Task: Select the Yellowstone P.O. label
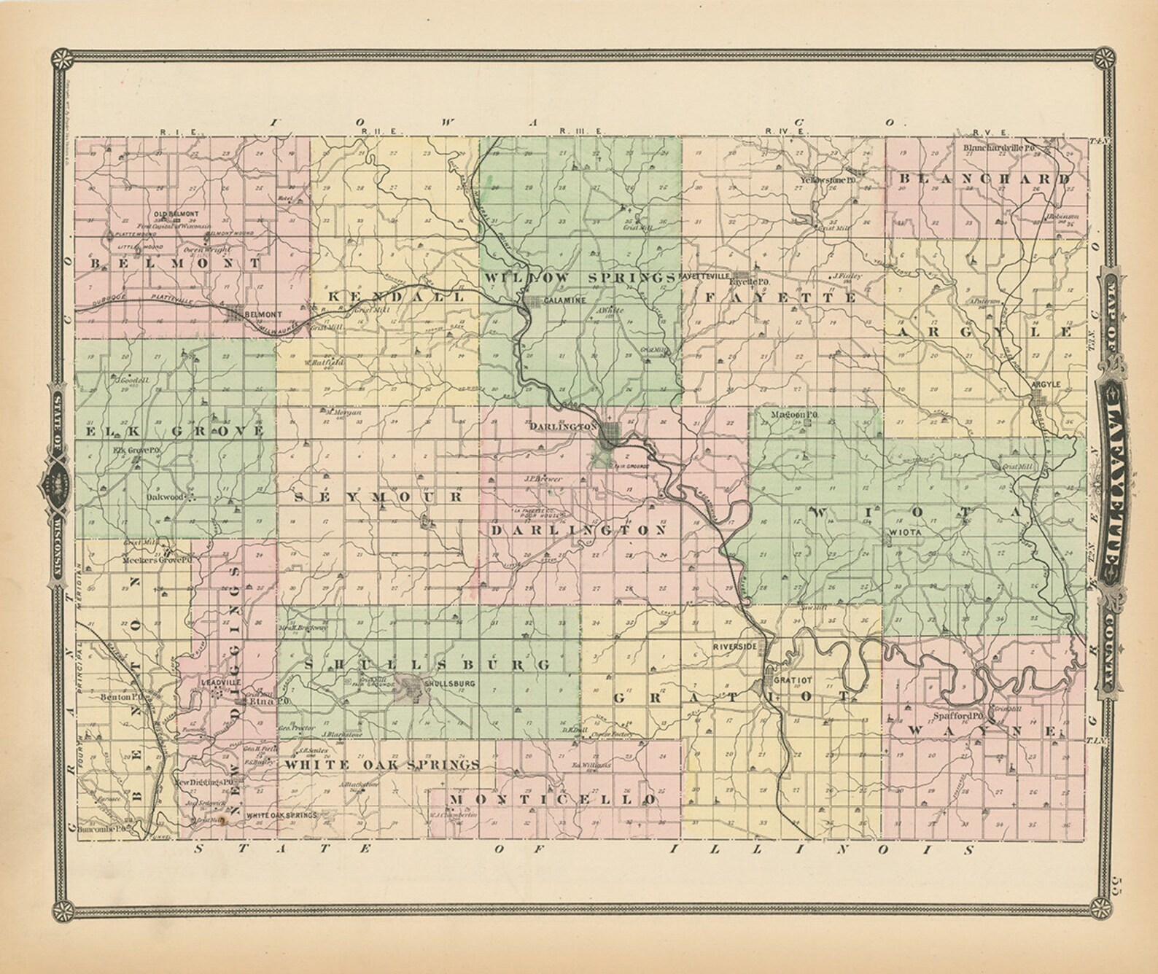pos(827,179)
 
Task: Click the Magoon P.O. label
pos(795,414)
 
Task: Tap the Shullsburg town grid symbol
pos(405,685)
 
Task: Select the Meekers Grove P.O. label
pos(157,560)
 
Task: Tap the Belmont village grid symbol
pos(234,314)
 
